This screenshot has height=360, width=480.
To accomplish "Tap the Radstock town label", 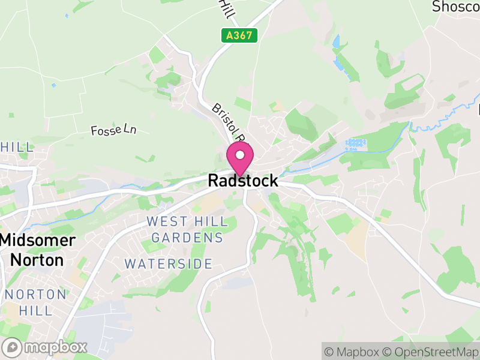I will tap(243, 181).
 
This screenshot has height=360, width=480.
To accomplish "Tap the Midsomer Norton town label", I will tap(38, 250).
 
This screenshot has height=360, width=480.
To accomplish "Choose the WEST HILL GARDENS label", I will tap(187, 230).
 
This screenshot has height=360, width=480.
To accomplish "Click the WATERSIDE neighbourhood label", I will tap(168, 264).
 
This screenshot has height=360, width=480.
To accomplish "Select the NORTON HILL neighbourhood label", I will tap(35, 302).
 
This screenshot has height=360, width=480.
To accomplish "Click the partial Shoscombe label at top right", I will tap(455, 7).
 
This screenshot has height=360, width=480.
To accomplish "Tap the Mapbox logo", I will tap(46, 347).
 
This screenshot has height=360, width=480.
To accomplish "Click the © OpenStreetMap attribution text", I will tap(430, 352).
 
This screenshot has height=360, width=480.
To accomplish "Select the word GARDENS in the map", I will tap(187, 238).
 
